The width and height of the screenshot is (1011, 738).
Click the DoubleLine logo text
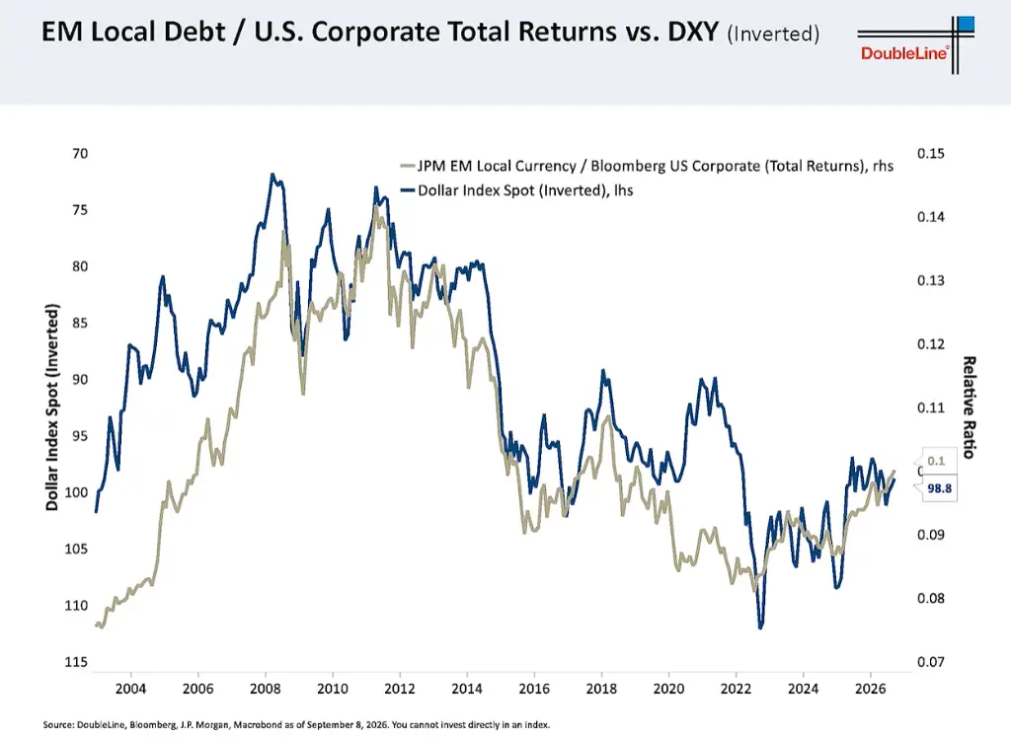[904, 53]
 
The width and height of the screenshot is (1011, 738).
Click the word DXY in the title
[692, 32]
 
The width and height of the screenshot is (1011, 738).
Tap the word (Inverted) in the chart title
[773, 34]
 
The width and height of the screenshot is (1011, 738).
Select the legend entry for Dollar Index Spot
[516, 190]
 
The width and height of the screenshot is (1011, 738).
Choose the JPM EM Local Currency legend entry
[647, 166]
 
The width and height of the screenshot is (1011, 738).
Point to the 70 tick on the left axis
[80, 153]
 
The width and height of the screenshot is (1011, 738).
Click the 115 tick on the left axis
[76, 662]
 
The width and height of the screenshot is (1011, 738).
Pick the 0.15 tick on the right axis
[930, 153]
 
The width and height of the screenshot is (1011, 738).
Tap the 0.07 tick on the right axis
[930, 662]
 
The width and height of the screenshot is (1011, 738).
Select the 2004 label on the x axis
[131, 689]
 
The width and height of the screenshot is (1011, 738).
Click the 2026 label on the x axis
[871, 689]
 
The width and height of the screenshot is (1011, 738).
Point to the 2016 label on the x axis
[534, 689]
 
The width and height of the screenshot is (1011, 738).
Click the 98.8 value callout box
[939, 488]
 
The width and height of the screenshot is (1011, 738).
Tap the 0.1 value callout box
[936, 461]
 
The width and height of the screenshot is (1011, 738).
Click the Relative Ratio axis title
[969, 407]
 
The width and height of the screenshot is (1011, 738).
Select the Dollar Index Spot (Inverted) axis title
[52, 407]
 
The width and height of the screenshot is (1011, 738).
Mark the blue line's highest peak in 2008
[272, 174]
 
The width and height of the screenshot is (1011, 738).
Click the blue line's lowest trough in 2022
[761, 627]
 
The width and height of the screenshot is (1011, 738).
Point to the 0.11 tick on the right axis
[930, 407]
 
